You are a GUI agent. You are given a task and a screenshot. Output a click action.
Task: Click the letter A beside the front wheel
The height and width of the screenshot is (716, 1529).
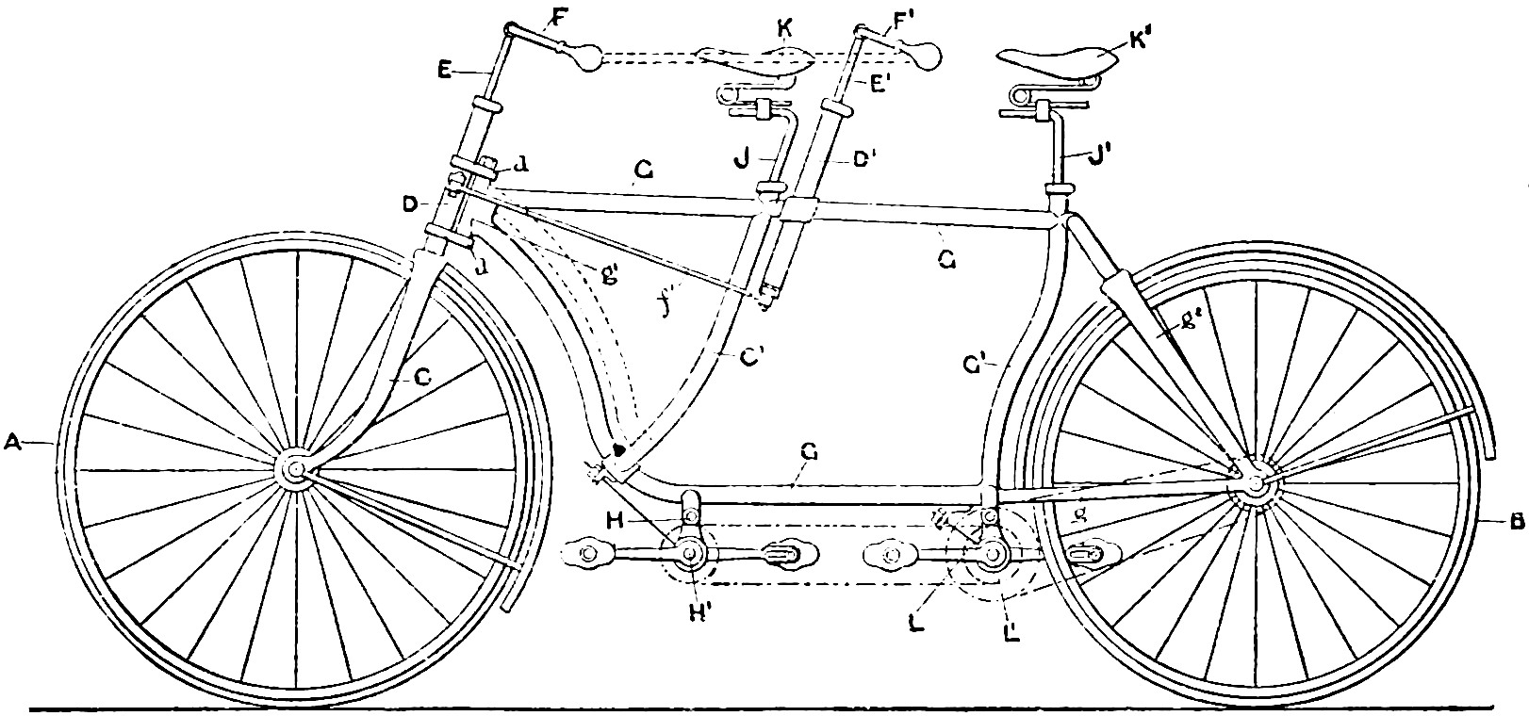[x=12, y=440]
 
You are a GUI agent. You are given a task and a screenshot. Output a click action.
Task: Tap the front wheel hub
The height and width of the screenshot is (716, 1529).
[x=294, y=470]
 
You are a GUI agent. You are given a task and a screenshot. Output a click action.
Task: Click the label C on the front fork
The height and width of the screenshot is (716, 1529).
[x=421, y=378]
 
